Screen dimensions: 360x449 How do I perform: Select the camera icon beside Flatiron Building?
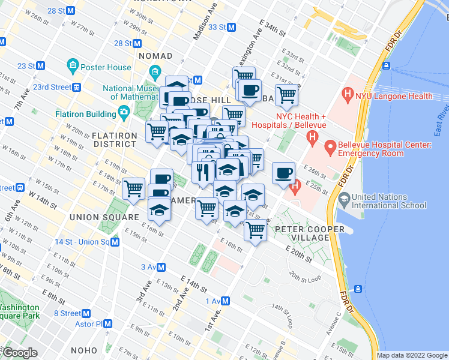click(x=124, y=112)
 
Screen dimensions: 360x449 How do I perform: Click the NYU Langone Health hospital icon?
click(x=347, y=94)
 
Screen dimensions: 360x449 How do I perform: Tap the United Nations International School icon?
click(x=344, y=197)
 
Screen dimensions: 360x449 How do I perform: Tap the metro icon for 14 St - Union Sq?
click(x=115, y=242)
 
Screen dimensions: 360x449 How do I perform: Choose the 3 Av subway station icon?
click(x=163, y=267)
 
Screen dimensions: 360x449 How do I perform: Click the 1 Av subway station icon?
click(x=226, y=301)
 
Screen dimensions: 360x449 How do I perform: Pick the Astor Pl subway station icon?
click(x=107, y=323)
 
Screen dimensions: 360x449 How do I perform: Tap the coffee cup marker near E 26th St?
click(x=283, y=173)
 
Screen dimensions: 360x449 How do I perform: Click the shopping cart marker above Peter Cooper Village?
click(x=256, y=229)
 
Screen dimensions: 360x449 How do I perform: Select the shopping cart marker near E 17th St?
click(x=133, y=188)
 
